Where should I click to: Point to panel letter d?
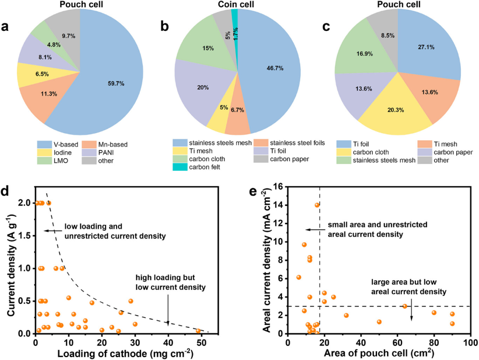[7, 192]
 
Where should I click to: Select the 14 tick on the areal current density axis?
[279, 205]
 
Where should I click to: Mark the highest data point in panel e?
[317, 205]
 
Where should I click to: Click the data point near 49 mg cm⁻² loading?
[198, 331]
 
